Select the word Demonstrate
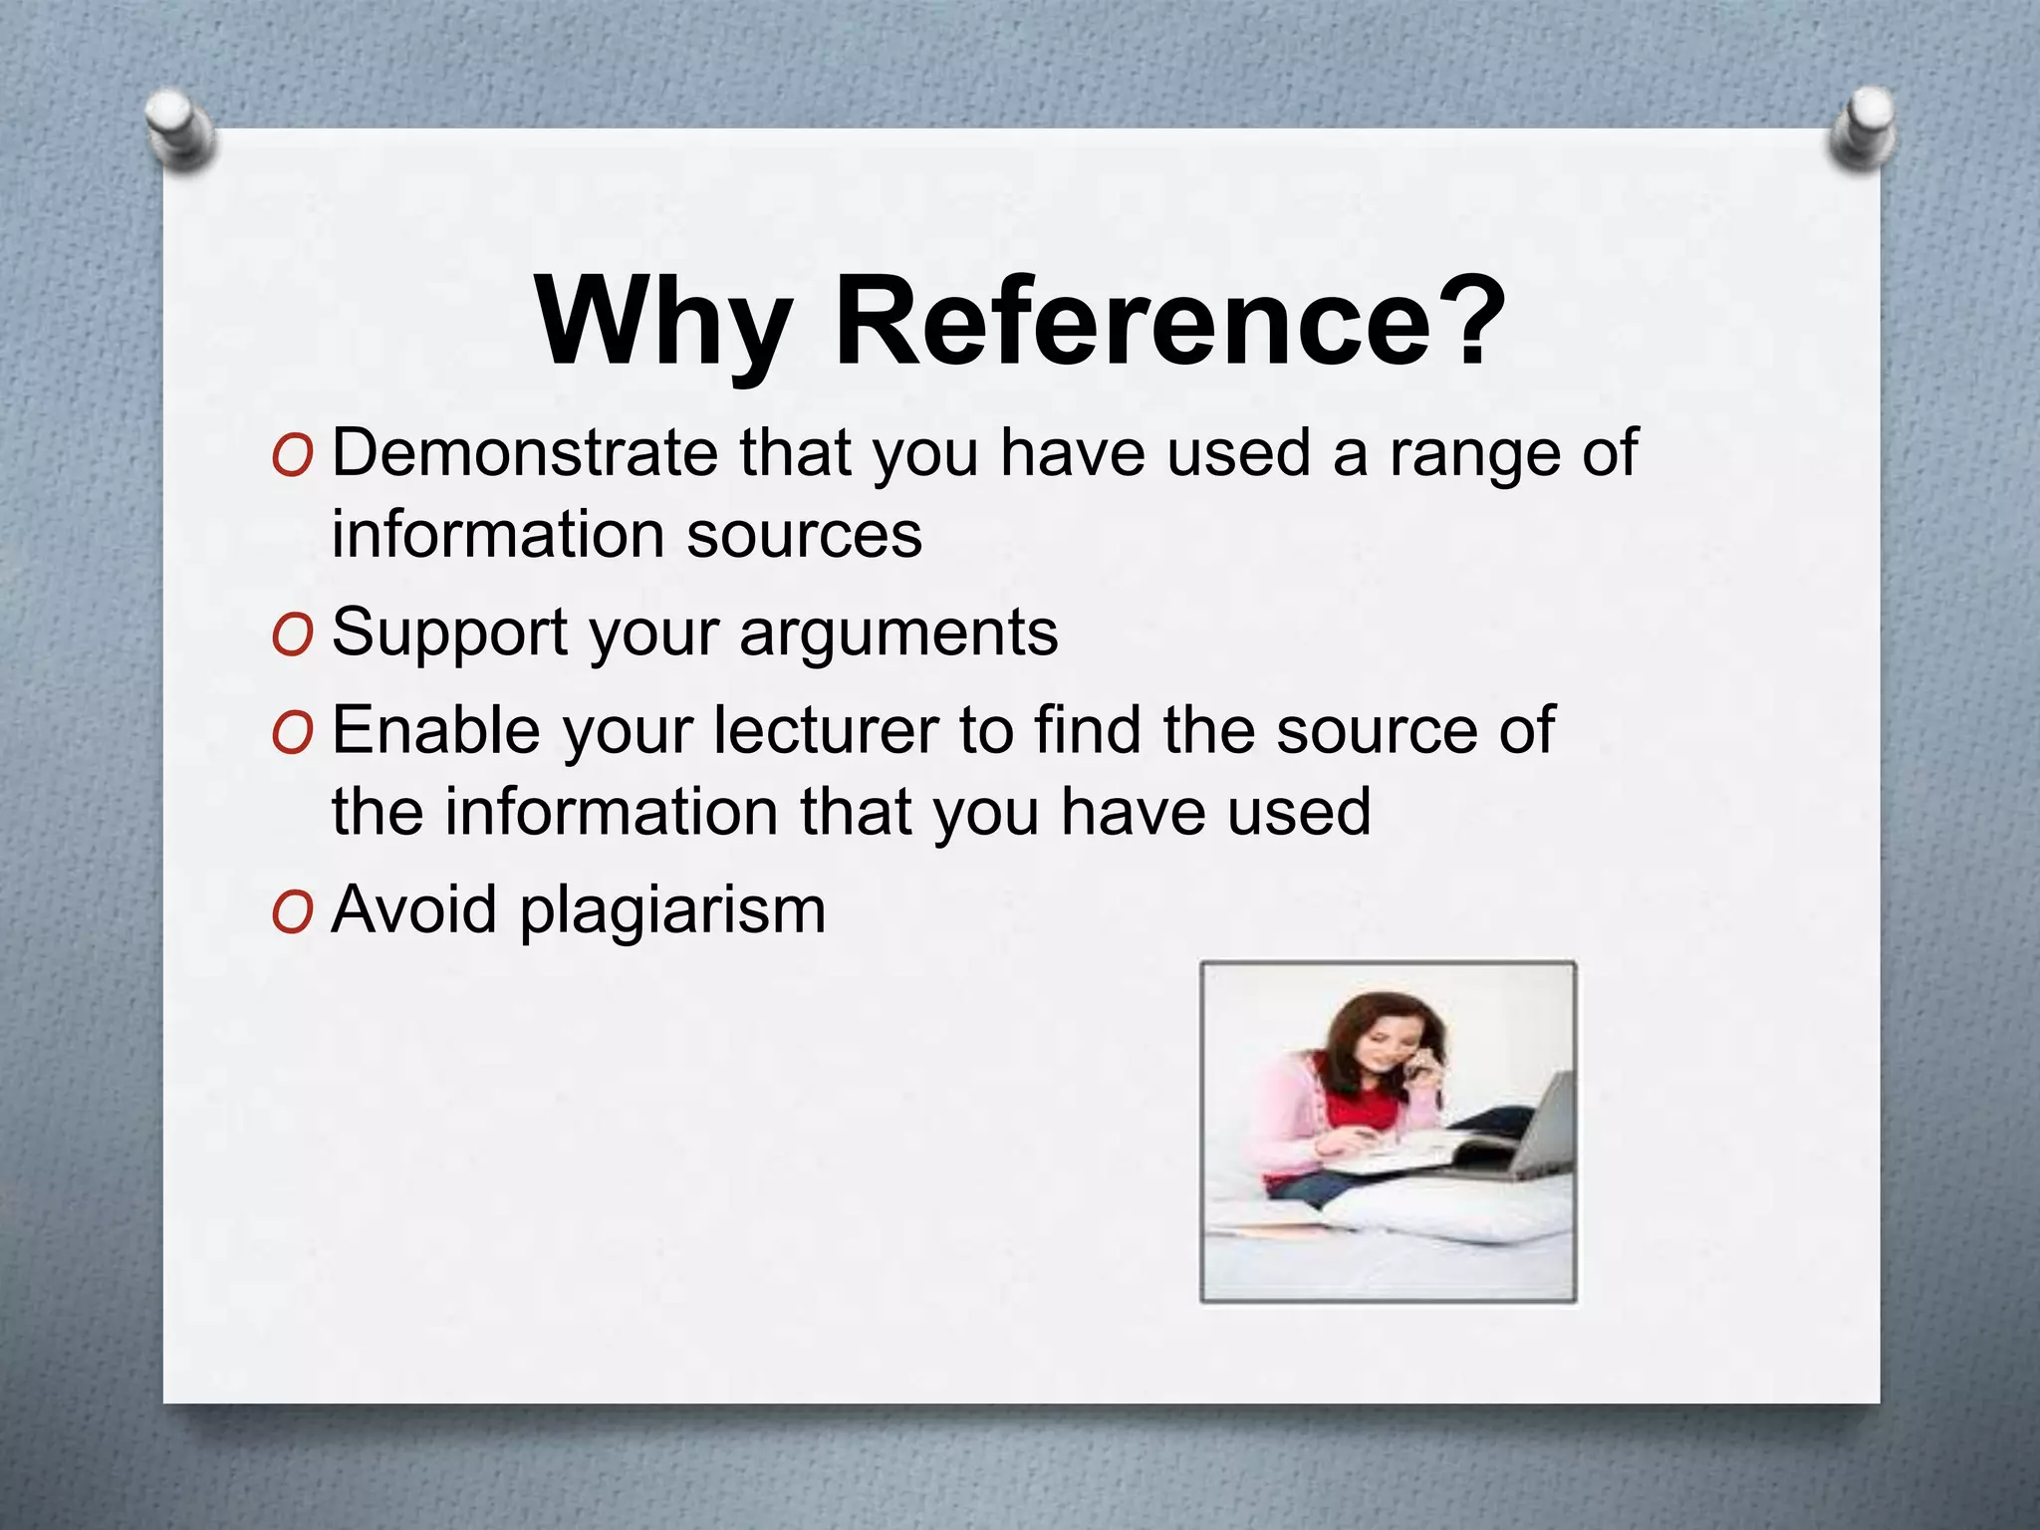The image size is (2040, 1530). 524,453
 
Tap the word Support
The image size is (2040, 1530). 449,633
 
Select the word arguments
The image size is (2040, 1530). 898,635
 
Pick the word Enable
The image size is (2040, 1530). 436,730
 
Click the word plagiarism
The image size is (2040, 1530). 673,911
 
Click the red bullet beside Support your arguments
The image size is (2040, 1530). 292,635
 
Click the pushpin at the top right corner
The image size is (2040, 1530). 1862,127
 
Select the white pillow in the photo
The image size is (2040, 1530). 1444,1210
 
